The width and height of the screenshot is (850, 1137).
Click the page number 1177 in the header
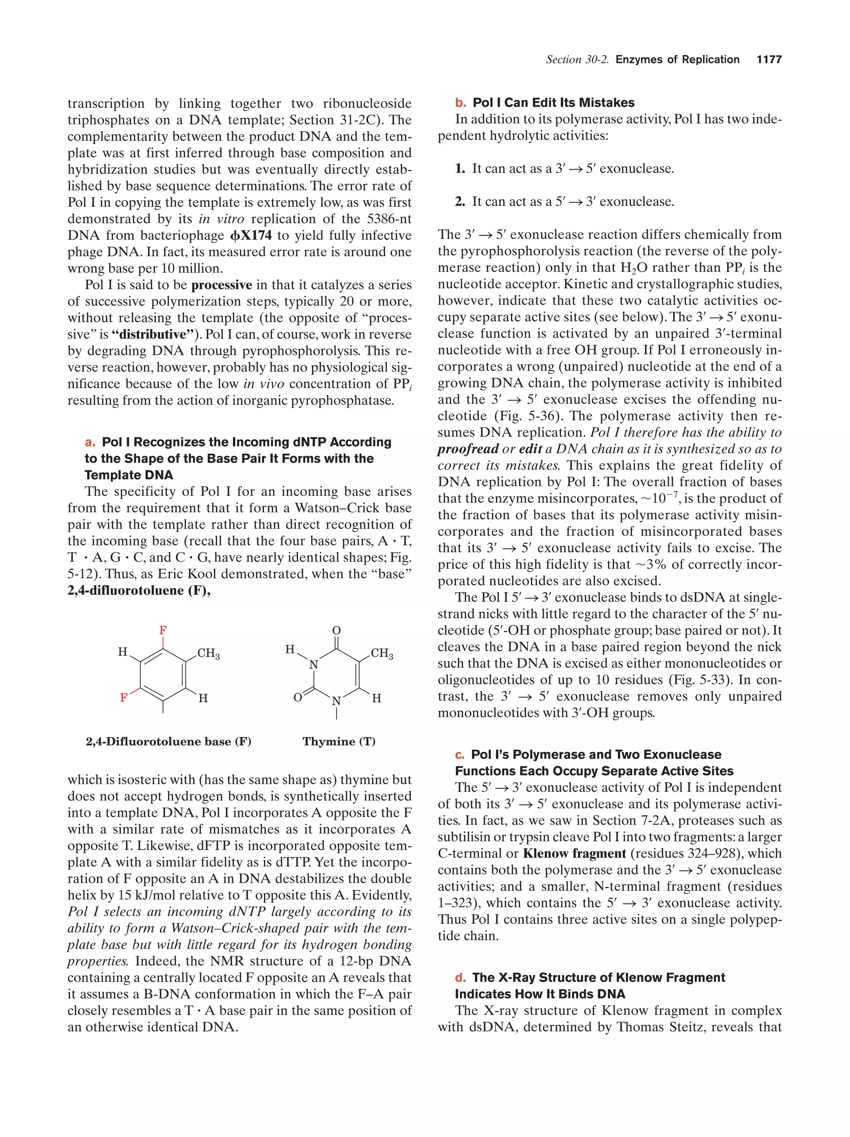pos(769,60)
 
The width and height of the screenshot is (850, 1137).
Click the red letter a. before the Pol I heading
pos(90,442)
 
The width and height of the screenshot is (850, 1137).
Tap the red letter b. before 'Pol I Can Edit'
pos(460,103)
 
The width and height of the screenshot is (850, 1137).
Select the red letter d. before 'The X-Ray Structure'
pos(461,977)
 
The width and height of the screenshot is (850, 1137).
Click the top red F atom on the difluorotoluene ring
pos(163,630)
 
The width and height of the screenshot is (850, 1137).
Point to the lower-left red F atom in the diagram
pos(123,698)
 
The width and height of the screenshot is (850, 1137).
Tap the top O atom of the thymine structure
pos(336,630)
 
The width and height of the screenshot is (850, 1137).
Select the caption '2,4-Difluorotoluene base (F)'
pos(169,741)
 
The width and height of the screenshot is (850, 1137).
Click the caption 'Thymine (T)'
pos(339,741)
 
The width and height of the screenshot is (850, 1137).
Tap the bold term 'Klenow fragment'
pos(574,853)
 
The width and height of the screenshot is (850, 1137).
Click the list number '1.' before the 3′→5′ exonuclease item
pos(460,168)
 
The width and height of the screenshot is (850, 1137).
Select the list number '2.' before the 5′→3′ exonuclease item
pos(460,202)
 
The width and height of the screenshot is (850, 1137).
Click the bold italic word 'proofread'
pos(468,449)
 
